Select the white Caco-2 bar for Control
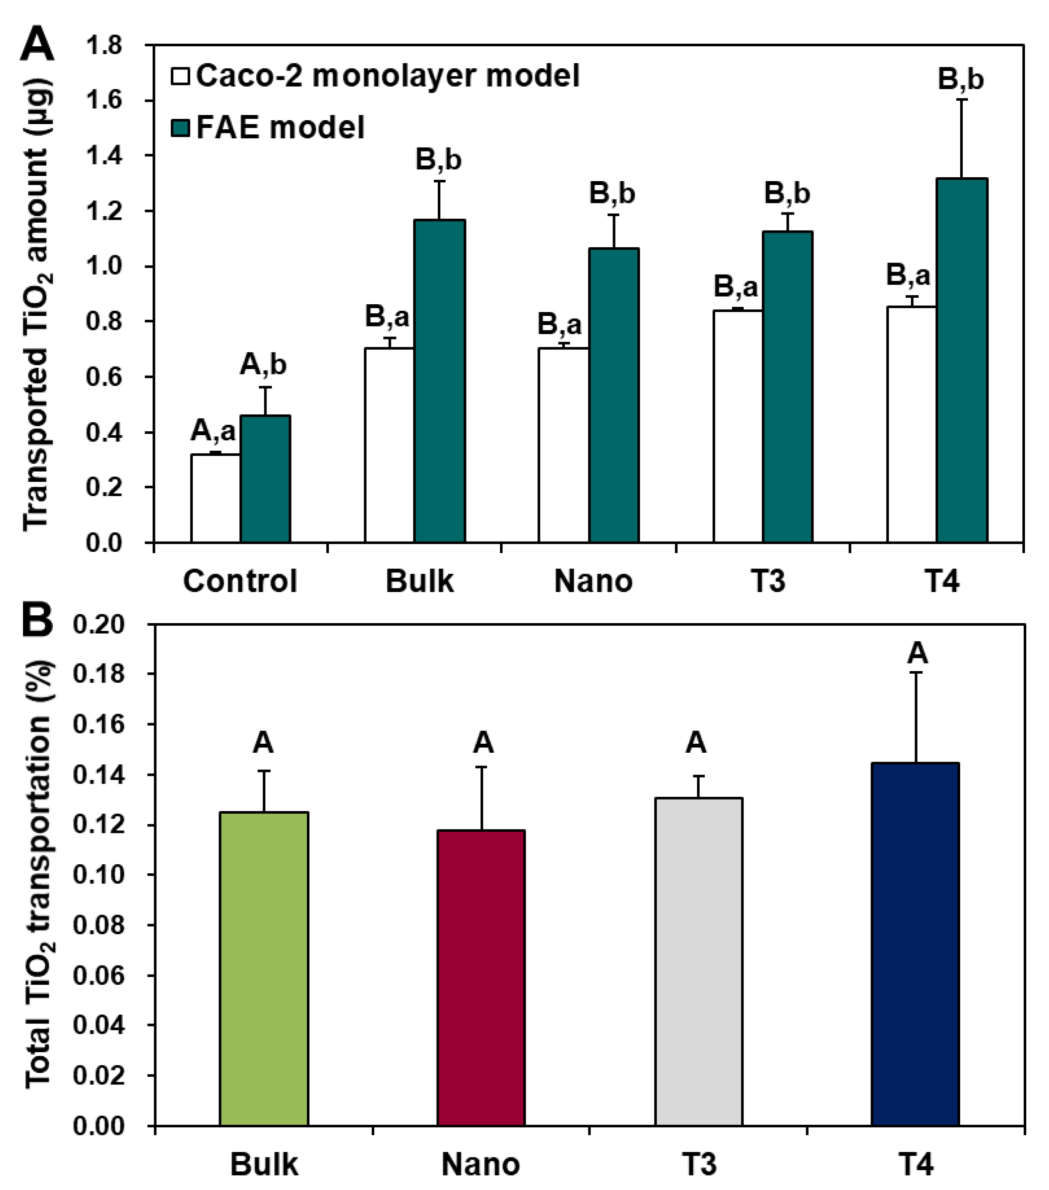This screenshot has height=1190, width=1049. point(215,498)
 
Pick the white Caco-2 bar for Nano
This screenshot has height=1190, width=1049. point(563,445)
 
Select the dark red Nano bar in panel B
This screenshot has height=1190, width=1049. point(481,978)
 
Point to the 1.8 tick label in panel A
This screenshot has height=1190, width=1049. point(104,45)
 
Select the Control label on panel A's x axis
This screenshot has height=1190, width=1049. point(240,581)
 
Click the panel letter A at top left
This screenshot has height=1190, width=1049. point(36,45)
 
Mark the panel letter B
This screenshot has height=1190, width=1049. point(36,621)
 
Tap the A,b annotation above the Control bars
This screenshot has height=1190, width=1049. point(263,365)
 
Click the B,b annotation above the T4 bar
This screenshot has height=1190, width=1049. point(961,79)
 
